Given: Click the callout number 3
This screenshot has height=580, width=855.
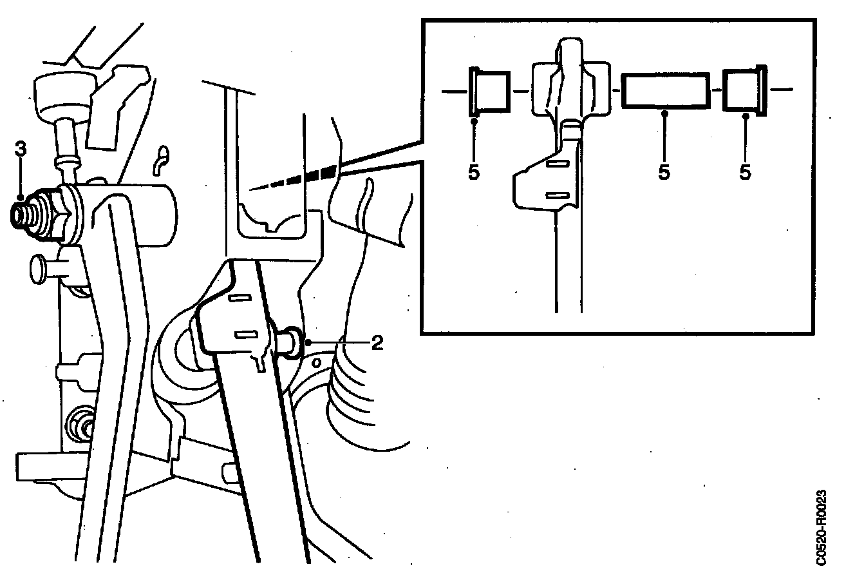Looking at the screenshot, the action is [21, 148].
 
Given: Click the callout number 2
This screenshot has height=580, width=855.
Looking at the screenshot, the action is [377, 342].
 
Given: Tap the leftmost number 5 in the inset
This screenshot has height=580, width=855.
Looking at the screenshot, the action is [474, 173].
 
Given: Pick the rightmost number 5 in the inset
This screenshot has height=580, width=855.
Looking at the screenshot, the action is [746, 172].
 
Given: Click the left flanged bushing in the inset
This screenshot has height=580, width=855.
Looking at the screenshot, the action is [489, 92].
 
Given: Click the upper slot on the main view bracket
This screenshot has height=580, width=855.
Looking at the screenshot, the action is [240, 298].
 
